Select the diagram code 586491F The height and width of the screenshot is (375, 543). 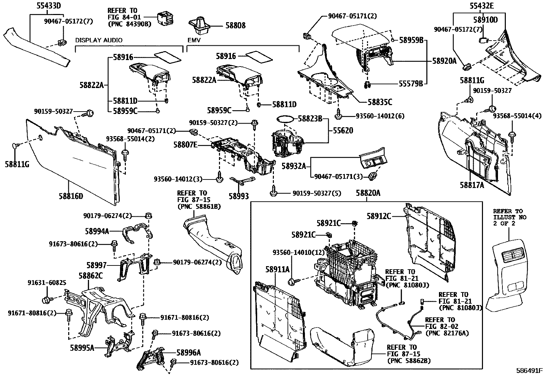click(528, 371)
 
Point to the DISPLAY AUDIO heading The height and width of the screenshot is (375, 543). click(99, 40)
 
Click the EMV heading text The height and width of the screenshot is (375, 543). click(194, 40)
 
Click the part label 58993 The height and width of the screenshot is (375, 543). click(239, 196)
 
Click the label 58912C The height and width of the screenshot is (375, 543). click(379, 216)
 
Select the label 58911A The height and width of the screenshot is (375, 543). click(277, 269)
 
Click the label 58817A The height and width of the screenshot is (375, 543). click(472, 185)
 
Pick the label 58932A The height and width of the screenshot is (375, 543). click(294, 166)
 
